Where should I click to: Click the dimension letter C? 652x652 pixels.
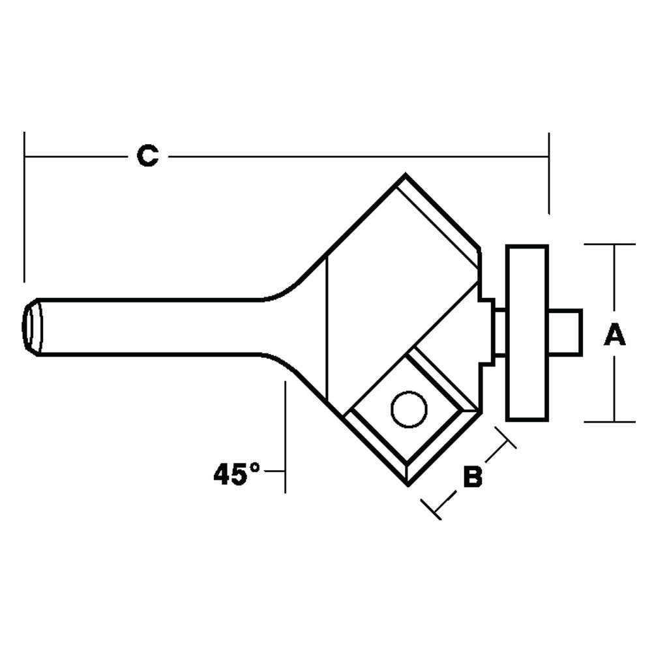tap(147, 156)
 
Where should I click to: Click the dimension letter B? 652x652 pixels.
tap(472, 477)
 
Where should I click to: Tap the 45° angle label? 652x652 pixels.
tap(237, 474)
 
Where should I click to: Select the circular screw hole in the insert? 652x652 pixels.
tap(409, 409)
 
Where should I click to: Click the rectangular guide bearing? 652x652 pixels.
tap(527, 333)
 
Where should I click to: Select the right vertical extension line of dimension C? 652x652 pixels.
tap(549, 173)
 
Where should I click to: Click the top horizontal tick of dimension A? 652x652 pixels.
tap(610, 244)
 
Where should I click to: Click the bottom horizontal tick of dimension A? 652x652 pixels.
tap(610, 422)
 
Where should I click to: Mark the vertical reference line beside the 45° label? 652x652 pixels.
tap(286, 437)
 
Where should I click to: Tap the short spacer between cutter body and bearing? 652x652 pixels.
tap(498, 333)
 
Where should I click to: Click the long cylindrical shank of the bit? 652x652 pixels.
tap(150, 327)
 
